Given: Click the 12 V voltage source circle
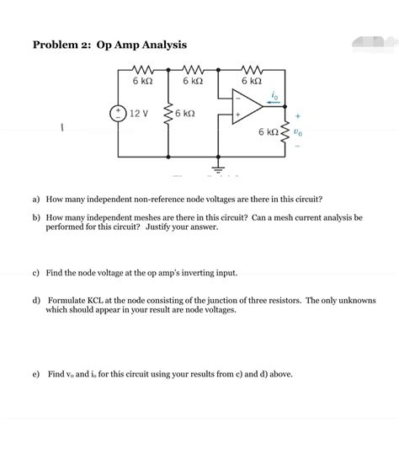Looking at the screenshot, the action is pos(118,113).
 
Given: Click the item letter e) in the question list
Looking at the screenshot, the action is pos(37,372).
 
